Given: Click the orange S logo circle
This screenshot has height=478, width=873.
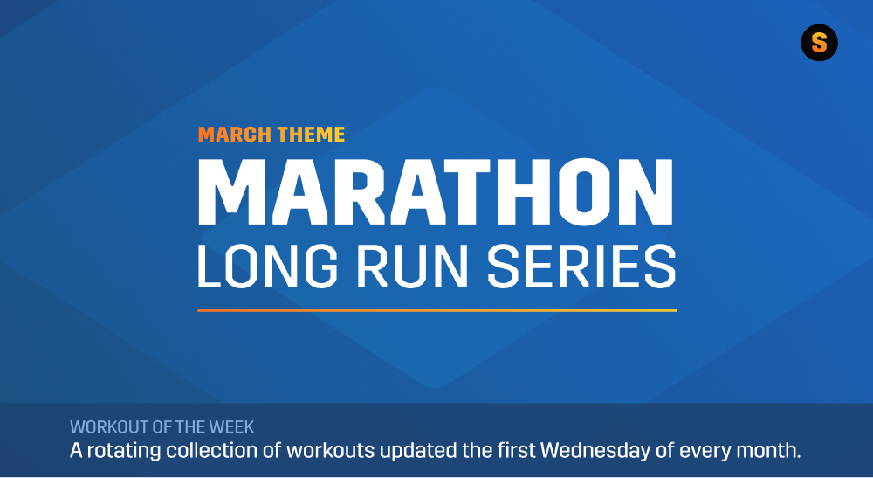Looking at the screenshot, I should [819, 43].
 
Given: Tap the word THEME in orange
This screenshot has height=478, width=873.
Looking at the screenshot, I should [311, 135].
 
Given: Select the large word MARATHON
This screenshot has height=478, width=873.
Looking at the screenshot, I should [436, 191].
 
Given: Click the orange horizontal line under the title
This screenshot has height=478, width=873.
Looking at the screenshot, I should [436, 310].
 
